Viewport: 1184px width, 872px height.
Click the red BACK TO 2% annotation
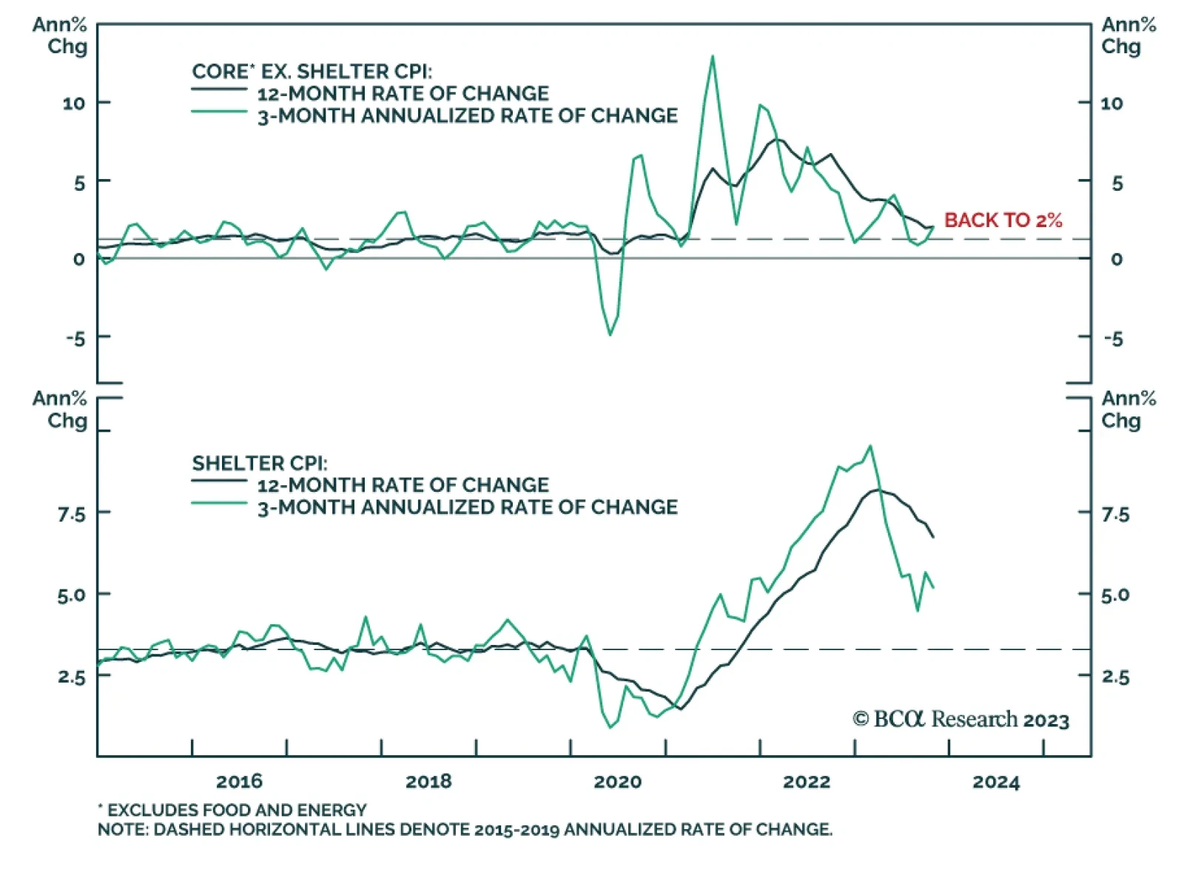point(1003,220)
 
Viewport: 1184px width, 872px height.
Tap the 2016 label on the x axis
point(239,781)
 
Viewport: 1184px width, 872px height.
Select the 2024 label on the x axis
point(995,782)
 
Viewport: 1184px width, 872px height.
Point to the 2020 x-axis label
point(617,782)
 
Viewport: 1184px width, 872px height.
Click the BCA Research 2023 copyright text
point(961,720)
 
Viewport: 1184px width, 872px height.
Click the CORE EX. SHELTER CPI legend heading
point(312,72)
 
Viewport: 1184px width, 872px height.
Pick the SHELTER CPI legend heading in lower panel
point(259,464)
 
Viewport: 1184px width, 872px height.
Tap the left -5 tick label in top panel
point(75,339)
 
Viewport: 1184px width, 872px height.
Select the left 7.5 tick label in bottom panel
point(71,514)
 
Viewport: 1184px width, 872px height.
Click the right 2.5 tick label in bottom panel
point(1115,677)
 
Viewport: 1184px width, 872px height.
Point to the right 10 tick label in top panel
point(1111,104)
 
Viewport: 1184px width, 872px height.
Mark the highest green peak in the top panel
point(712,56)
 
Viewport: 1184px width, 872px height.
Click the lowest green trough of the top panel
point(610,335)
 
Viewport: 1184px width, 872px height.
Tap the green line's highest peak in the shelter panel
point(870,446)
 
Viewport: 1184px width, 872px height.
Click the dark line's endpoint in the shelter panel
point(933,537)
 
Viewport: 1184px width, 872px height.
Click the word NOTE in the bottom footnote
point(123,829)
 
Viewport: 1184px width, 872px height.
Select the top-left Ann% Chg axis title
point(60,36)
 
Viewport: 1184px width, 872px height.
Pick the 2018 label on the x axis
point(428,781)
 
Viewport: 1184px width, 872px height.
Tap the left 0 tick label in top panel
point(79,260)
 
